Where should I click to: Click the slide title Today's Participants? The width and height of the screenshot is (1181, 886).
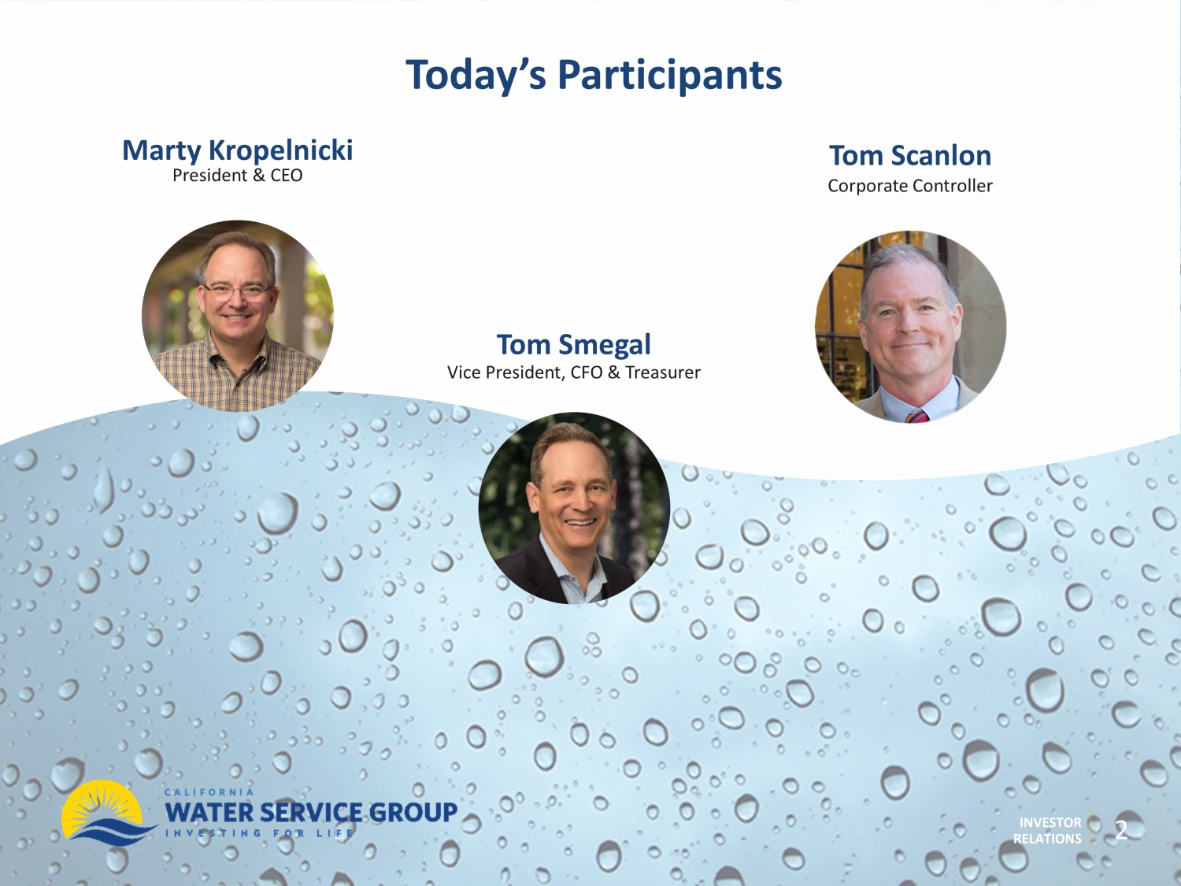[594, 76]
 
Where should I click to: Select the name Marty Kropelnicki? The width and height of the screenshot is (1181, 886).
[237, 150]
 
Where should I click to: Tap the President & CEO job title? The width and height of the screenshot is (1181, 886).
[237, 176]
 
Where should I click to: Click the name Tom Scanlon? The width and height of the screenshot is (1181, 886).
[910, 155]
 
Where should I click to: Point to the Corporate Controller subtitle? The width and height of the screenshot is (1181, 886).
[910, 186]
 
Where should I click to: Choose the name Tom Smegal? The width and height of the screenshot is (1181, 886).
[573, 344]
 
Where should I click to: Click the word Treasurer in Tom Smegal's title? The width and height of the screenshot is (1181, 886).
[663, 373]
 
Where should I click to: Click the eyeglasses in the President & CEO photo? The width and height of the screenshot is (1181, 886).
[237, 291]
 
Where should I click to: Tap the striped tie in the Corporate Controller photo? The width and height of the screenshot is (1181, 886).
[916, 416]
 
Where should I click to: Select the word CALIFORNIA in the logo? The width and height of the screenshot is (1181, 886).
[209, 791]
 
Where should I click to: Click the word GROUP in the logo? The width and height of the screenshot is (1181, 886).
[413, 812]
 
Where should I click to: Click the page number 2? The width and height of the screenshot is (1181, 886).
[1120, 831]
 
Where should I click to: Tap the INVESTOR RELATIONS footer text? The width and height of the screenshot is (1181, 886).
[1047, 831]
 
